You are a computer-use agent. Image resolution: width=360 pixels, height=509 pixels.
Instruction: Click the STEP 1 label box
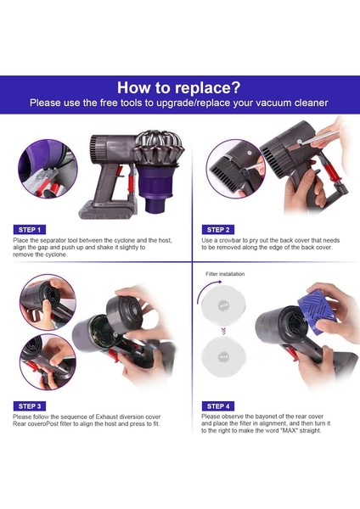tap(30, 230)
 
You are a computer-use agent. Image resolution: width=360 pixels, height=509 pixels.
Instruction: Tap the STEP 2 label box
tap(218, 230)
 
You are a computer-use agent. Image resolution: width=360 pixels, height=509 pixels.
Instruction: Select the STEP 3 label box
tap(30, 406)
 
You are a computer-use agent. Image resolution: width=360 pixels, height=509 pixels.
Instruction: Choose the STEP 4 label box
tap(218, 406)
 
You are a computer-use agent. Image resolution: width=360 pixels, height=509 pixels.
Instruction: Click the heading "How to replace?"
tap(179, 87)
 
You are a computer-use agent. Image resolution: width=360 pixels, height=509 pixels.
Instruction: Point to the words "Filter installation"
tap(225, 274)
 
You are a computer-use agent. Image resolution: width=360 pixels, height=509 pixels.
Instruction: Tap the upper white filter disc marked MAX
tap(223, 305)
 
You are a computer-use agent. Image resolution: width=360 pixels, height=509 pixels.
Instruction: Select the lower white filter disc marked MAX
tap(223, 356)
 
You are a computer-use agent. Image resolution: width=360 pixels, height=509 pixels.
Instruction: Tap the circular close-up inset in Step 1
tap(48, 169)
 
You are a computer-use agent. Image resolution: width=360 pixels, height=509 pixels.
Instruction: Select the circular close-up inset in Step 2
tap(236, 169)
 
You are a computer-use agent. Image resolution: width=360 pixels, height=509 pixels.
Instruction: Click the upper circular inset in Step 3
tap(48, 303)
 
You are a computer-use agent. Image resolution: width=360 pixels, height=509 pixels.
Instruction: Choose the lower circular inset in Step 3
tap(48, 361)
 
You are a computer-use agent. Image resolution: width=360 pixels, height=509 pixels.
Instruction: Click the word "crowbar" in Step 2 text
tap(230, 241)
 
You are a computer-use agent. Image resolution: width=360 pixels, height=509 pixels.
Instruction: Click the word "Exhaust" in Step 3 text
tap(107, 417)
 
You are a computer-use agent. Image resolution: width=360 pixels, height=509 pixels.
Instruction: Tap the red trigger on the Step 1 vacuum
tap(119, 172)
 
